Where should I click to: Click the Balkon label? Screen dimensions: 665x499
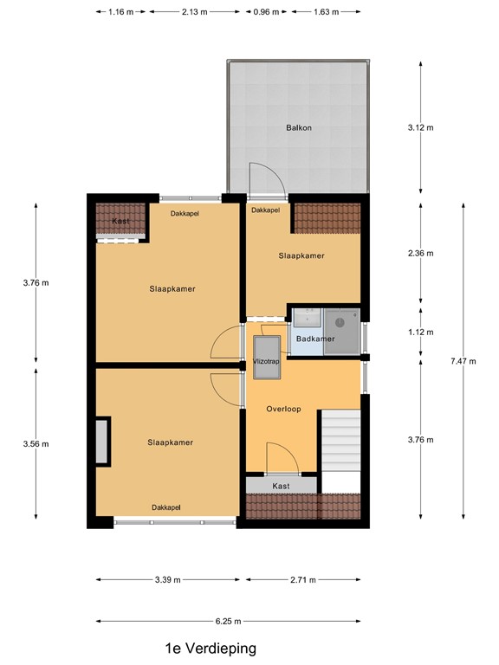click(x=299, y=128)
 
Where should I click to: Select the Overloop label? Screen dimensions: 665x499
click(x=283, y=410)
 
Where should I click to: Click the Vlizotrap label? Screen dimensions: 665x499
click(x=266, y=362)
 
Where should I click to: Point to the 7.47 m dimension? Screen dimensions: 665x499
click(x=463, y=362)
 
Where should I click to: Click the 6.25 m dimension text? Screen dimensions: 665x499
click(x=228, y=621)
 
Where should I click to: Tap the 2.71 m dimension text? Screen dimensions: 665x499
click(x=303, y=579)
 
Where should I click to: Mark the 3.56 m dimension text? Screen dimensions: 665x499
click(x=36, y=444)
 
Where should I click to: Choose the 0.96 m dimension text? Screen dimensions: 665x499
click(x=266, y=12)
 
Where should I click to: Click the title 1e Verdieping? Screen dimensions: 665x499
click(x=211, y=648)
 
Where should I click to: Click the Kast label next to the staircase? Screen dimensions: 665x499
click(x=281, y=487)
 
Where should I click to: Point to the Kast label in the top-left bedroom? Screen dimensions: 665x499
click(x=120, y=222)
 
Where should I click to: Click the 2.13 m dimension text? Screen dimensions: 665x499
click(x=195, y=12)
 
